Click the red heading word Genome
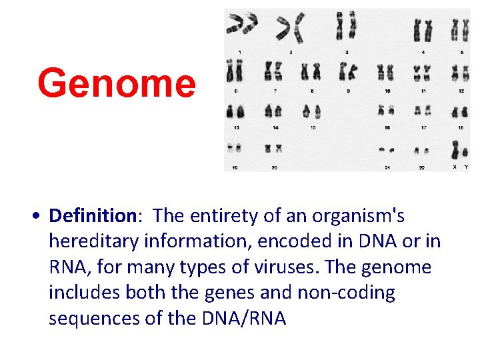117,83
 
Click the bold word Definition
93,216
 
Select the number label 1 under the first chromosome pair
240,51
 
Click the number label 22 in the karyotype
421,167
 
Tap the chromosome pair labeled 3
346,27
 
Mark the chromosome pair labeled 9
347,71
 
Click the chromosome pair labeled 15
312,111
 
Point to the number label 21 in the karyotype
386,167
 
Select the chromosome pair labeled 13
235,111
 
